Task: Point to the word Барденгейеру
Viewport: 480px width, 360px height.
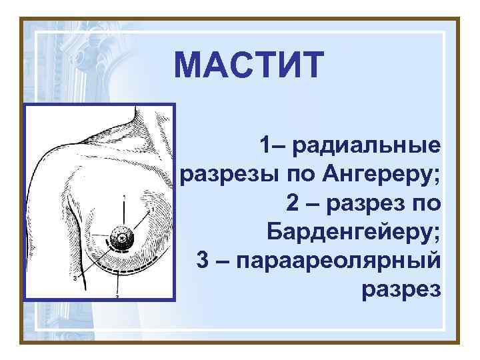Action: [x=353, y=231]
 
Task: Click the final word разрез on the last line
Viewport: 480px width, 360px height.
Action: [x=401, y=289]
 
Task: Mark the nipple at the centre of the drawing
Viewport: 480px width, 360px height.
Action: [x=122, y=235]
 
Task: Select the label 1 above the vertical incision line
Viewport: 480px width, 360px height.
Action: [x=123, y=197]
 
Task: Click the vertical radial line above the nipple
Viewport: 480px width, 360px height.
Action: [x=123, y=212]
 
